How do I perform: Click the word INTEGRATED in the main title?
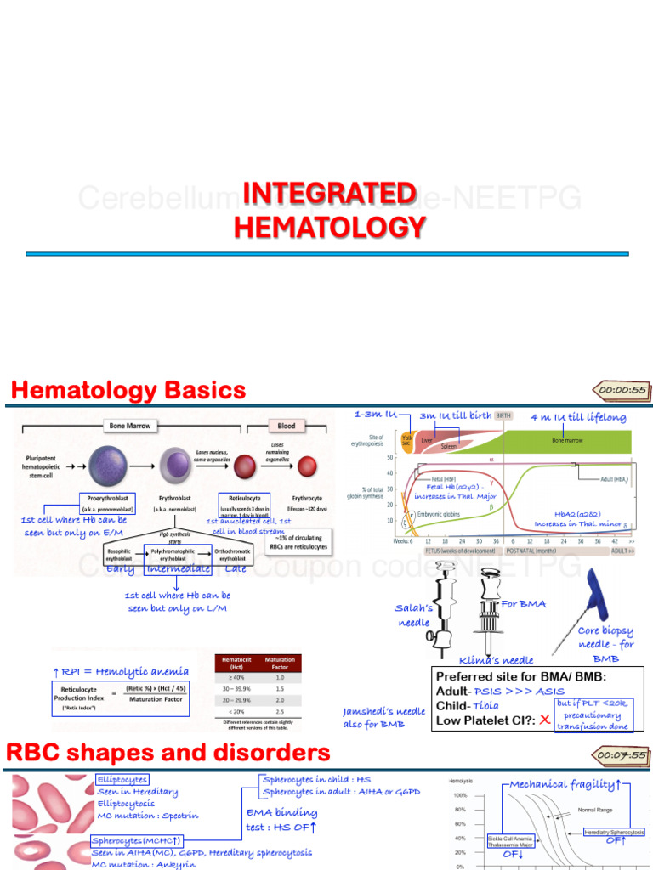coord(328,194)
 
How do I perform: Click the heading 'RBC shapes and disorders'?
coord(168,753)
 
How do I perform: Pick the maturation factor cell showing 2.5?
coord(280,710)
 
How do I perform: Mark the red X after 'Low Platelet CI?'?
coord(545,720)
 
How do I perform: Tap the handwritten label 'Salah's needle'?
coord(415,615)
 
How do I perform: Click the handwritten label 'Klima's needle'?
coord(497,659)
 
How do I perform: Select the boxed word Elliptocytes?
coord(122,779)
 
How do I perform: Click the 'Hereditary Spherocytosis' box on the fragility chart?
coord(614,831)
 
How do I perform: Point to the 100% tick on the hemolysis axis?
coord(459,794)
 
